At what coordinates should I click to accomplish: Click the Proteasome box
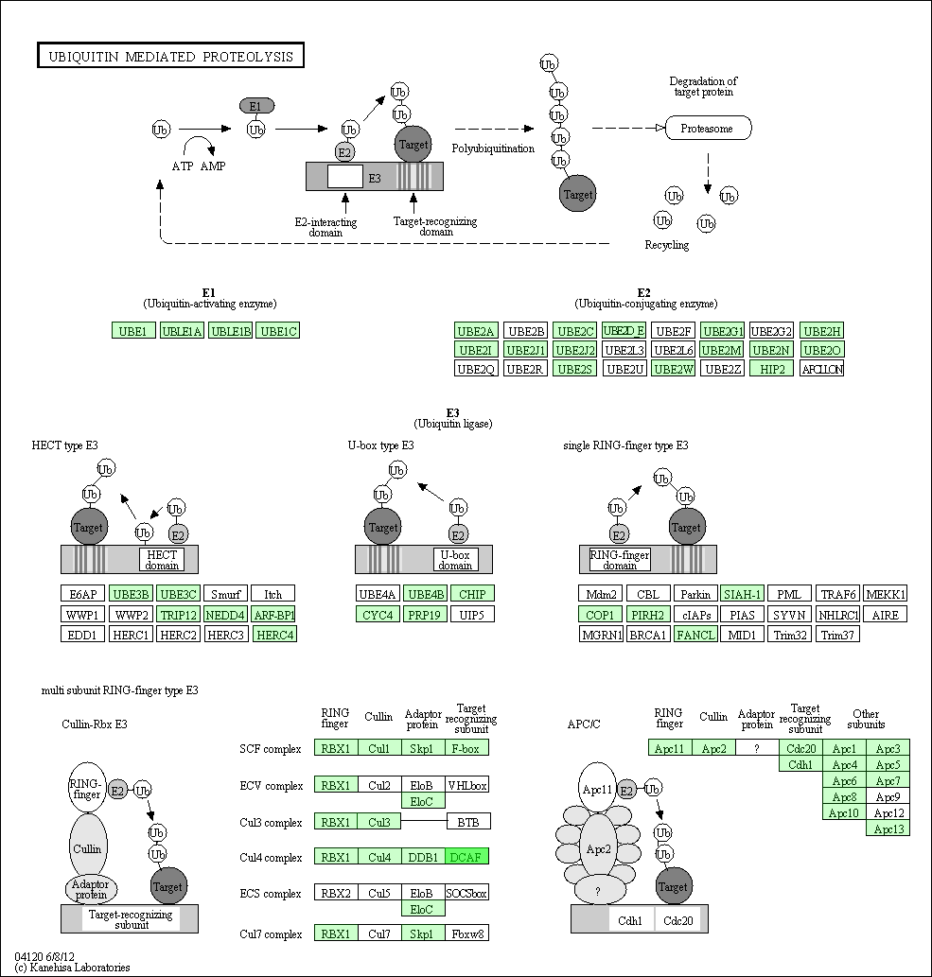(x=708, y=128)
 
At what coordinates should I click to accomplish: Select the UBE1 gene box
(x=133, y=331)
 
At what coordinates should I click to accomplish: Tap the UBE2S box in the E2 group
(x=574, y=369)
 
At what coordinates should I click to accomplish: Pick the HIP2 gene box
(x=772, y=369)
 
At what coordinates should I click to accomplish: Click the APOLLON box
(x=821, y=369)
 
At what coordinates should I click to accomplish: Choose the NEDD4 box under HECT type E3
(x=225, y=615)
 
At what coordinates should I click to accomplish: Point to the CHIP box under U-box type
(x=472, y=594)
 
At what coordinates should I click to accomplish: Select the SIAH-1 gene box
(x=742, y=594)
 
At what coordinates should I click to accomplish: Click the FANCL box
(x=695, y=635)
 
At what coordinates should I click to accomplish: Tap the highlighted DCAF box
(x=466, y=857)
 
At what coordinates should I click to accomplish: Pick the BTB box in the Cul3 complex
(x=468, y=822)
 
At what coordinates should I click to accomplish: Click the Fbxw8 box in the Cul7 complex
(x=466, y=933)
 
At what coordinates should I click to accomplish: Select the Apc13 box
(x=888, y=829)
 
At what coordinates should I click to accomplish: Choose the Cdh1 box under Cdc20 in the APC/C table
(x=800, y=764)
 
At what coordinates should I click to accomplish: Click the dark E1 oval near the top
(x=256, y=106)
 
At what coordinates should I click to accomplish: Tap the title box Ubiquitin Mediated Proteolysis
(x=170, y=56)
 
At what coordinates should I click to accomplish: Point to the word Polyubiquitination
(x=493, y=148)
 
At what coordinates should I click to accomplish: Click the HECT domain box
(x=162, y=560)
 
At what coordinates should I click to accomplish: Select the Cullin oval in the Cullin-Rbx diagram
(x=88, y=848)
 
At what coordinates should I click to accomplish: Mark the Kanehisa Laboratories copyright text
(x=72, y=967)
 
